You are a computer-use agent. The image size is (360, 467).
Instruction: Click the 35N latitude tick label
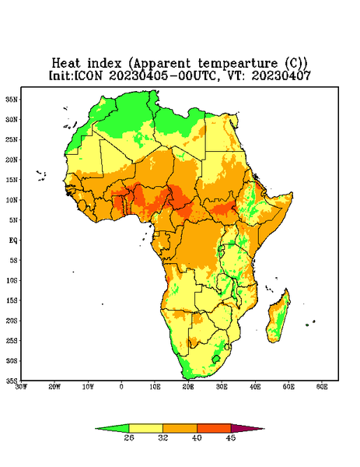point(12,99)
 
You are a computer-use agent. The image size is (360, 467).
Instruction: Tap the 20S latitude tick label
point(12,321)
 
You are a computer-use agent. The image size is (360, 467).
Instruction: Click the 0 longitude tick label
point(121,387)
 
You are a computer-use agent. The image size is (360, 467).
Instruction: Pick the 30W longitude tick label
point(21,387)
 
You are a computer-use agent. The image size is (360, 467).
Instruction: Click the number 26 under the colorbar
point(129,437)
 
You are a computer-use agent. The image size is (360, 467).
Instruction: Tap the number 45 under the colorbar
point(231,437)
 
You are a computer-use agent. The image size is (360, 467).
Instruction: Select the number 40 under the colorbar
point(197,437)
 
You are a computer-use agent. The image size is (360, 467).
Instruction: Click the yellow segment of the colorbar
point(145,428)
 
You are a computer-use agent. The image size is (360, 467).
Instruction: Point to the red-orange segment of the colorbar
point(214,428)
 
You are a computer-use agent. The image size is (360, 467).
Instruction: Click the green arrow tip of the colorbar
point(113,428)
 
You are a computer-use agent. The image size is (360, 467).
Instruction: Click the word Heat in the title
point(66,64)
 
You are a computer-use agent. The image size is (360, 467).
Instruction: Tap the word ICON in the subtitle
point(88,75)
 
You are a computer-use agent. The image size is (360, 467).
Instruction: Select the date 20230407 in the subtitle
point(281,75)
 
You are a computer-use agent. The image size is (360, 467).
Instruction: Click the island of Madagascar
point(279,318)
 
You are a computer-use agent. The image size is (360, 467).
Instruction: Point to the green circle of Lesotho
point(216,359)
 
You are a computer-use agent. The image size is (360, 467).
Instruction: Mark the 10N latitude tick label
point(12,200)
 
